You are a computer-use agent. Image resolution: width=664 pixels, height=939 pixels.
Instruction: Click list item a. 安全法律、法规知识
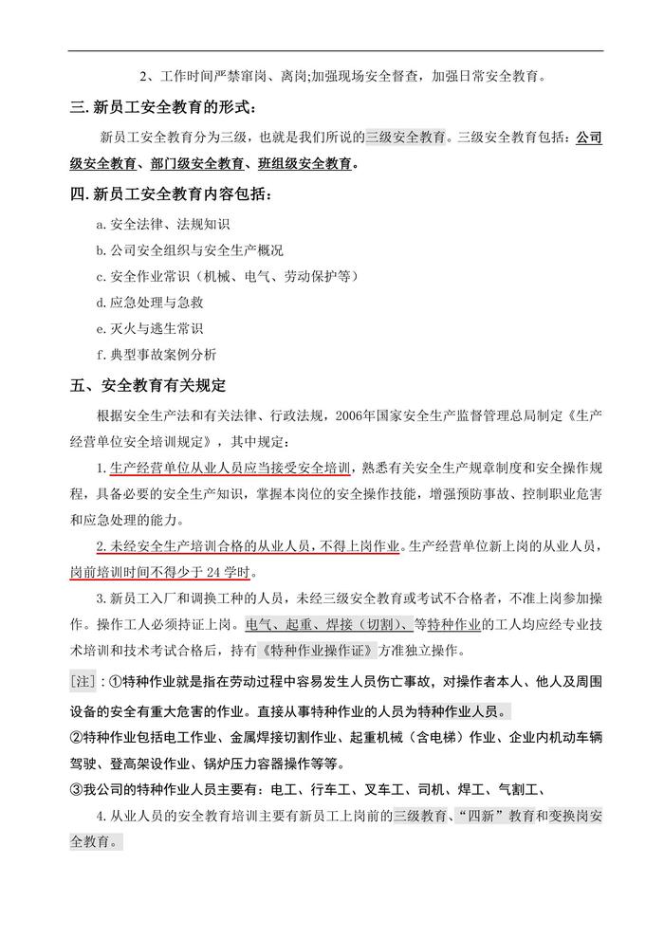coord(163,225)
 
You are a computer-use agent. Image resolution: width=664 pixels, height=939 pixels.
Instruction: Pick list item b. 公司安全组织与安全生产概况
coord(190,250)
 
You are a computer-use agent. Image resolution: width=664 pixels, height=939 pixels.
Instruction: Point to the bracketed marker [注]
coord(83,681)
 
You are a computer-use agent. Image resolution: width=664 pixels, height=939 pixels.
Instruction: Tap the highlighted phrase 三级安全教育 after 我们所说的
coord(406,137)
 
